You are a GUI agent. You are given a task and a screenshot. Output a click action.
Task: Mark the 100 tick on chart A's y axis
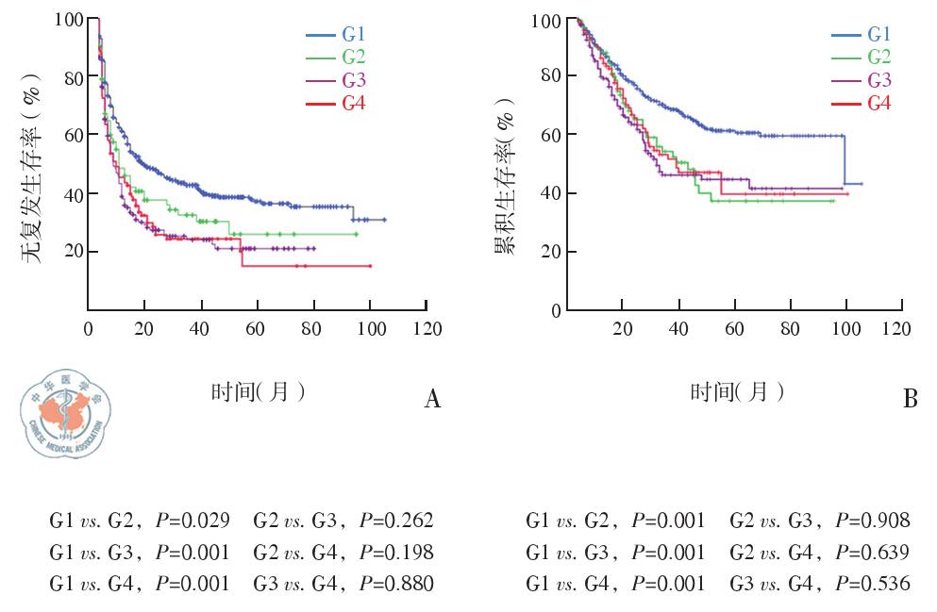tap(68, 19)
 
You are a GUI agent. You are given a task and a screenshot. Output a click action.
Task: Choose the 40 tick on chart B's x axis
tap(678, 328)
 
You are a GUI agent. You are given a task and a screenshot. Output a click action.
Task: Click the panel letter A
tap(432, 400)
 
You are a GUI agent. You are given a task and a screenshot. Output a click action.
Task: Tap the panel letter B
tap(910, 400)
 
